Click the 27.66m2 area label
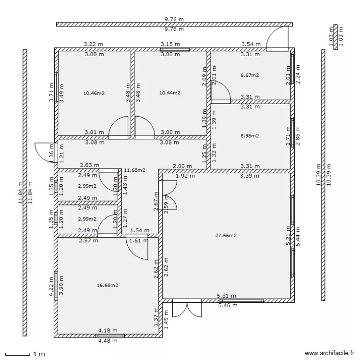click(x=226, y=236)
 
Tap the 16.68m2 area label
click(x=108, y=285)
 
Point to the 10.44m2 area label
click(x=170, y=93)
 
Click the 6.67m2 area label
click(x=250, y=75)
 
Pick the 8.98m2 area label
click(x=250, y=136)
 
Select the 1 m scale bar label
click(x=38, y=354)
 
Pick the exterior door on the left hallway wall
click(x=44, y=153)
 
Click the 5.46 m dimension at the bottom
click(x=228, y=305)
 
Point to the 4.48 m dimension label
click(x=108, y=341)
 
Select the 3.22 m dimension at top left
click(x=93, y=44)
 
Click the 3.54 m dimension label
click(x=251, y=44)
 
